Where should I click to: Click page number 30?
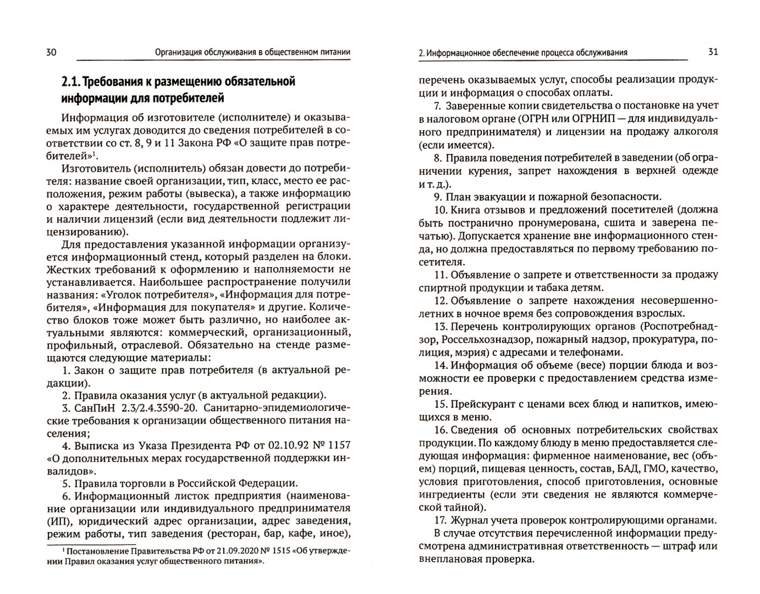coord(50,52)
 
